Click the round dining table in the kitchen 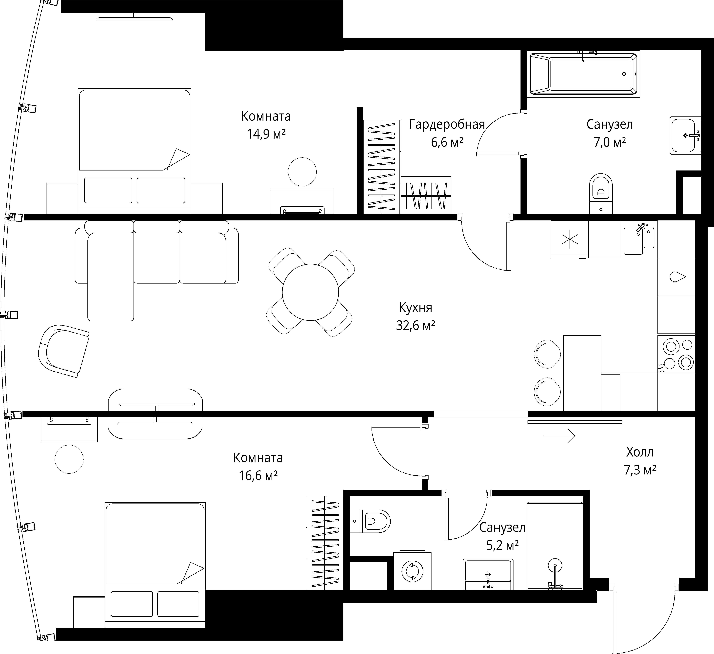point(310,292)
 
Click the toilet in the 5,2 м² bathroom point(370,521)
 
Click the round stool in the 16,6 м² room point(69,459)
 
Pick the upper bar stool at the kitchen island point(547,354)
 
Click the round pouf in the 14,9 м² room point(302,172)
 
